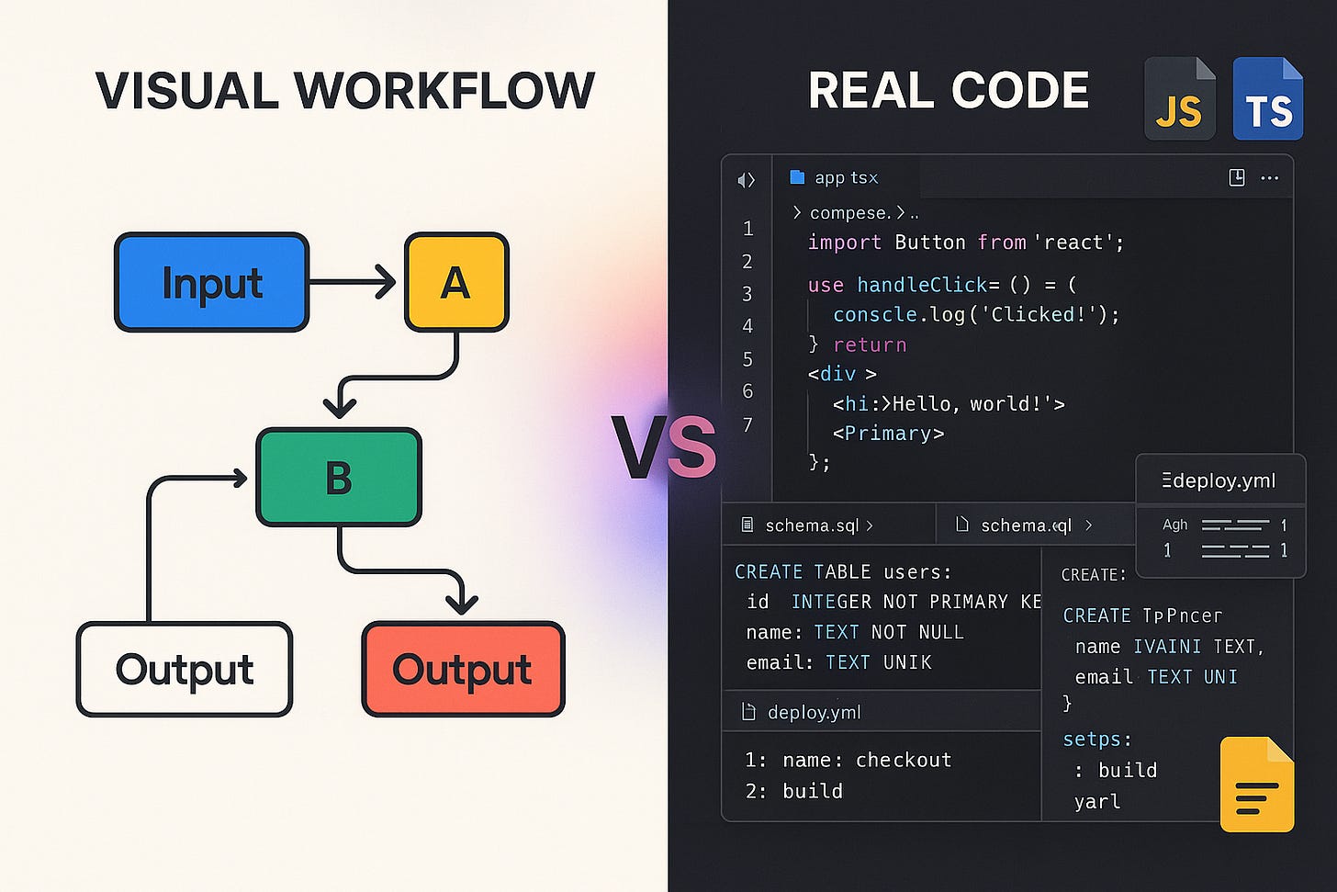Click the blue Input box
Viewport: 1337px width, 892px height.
click(211, 282)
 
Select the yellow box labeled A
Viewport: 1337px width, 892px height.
click(456, 282)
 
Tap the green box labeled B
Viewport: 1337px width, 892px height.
click(339, 478)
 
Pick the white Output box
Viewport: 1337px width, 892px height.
click(185, 669)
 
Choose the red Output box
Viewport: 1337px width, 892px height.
click(463, 669)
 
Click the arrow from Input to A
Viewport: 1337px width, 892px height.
click(354, 282)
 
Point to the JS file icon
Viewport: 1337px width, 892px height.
click(1179, 99)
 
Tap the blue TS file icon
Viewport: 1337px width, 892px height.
click(1267, 99)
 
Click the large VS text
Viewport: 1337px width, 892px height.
click(664, 448)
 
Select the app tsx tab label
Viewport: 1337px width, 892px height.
click(846, 177)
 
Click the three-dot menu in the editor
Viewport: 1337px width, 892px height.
click(1269, 177)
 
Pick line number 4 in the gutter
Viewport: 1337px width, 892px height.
click(747, 326)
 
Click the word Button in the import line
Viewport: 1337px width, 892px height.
click(929, 243)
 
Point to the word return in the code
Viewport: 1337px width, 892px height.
click(870, 345)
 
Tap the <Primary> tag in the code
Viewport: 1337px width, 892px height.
click(888, 434)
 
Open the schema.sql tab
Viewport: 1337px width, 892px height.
click(812, 525)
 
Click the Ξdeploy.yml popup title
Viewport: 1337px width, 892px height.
click(1219, 480)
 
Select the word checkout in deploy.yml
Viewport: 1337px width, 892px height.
click(904, 760)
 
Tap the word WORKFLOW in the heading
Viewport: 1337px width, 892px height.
click(444, 90)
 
